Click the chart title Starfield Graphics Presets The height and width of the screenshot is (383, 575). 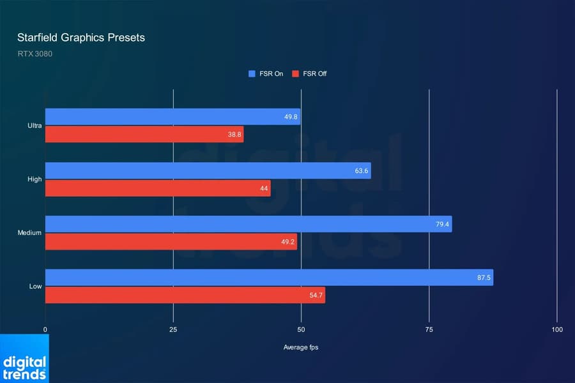click(x=81, y=38)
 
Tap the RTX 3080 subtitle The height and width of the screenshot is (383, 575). click(x=35, y=54)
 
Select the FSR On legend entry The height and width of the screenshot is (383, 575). click(x=266, y=74)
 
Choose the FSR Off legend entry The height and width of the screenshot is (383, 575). click(x=309, y=74)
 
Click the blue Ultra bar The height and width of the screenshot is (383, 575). click(x=172, y=117)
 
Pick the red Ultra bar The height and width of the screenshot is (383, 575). click(x=144, y=135)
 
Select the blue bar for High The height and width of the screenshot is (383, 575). click(x=208, y=170)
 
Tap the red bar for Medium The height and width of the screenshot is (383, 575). click(x=171, y=242)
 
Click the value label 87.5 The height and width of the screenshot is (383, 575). click(x=482, y=278)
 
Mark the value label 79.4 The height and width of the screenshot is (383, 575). click(x=441, y=224)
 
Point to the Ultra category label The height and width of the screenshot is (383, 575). click(x=34, y=126)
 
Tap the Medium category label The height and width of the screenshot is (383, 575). click(x=29, y=233)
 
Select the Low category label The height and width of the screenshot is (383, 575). click(x=35, y=287)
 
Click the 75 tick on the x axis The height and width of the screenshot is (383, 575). click(x=429, y=329)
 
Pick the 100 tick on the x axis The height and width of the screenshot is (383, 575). click(x=557, y=329)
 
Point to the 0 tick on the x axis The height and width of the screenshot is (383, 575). click(x=45, y=329)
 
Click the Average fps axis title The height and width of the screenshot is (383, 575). click(x=301, y=348)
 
